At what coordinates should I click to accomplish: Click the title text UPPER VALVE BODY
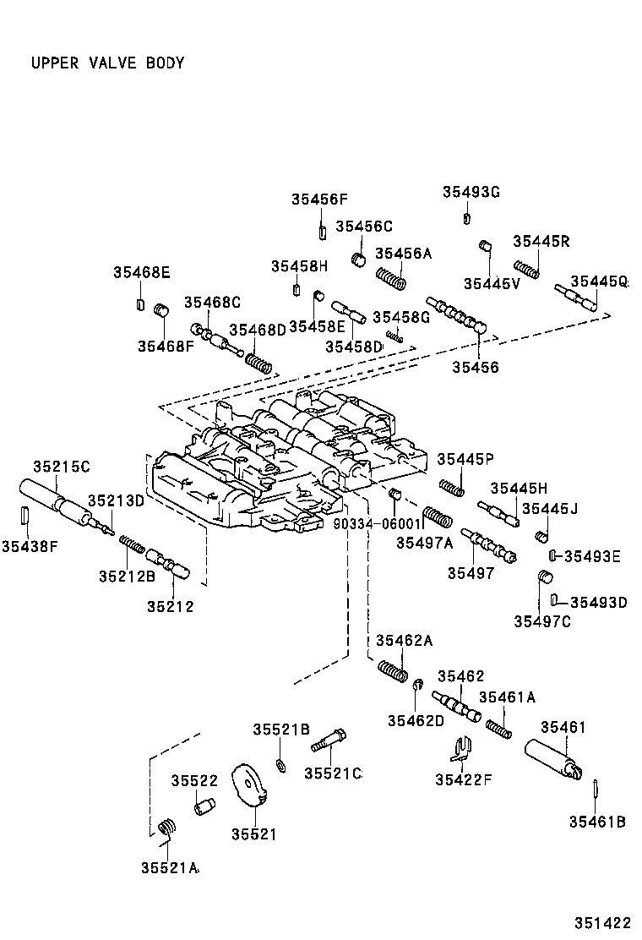(x=107, y=63)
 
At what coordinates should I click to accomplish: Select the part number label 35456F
(x=320, y=199)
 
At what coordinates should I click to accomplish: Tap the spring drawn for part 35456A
(x=390, y=278)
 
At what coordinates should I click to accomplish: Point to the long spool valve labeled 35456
(x=458, y=315)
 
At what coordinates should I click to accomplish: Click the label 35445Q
(x=599, y=281)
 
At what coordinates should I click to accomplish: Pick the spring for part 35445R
(x=528, y=268)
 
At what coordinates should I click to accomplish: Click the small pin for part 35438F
(x=25, y=515)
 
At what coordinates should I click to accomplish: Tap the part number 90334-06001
(x=377, y=524)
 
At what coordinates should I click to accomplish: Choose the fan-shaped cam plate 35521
(x=251, y=790)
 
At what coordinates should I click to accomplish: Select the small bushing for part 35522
(x=203, y=807)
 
